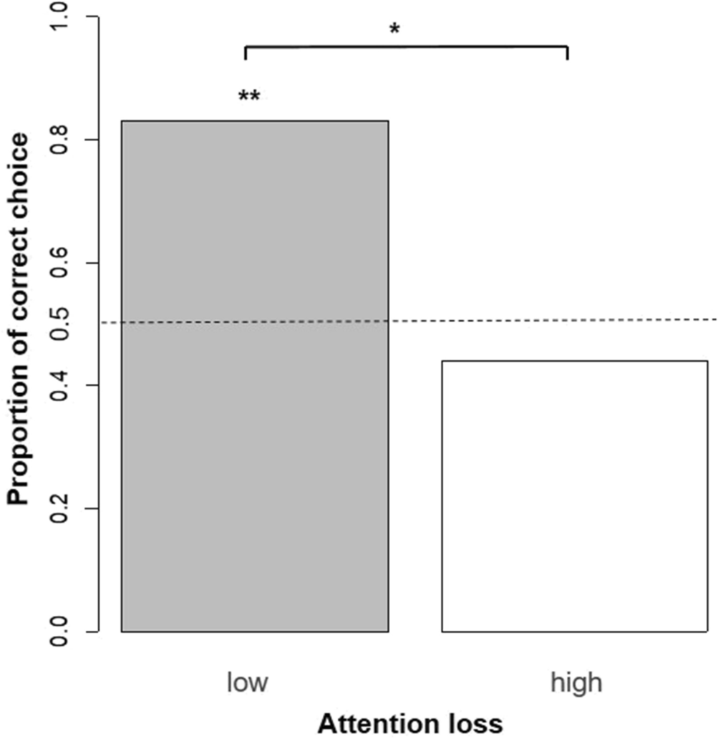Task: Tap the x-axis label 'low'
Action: tap(247, 682)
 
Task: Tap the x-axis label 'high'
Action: tap(576, 682)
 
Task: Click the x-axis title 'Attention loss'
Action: tap(410, 723)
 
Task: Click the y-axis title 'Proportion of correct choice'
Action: tap(20, 318)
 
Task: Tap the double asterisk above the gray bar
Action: tap(248, 97)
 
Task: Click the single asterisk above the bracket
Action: tap(394, 29)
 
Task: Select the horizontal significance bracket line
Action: tap(406, 47)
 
